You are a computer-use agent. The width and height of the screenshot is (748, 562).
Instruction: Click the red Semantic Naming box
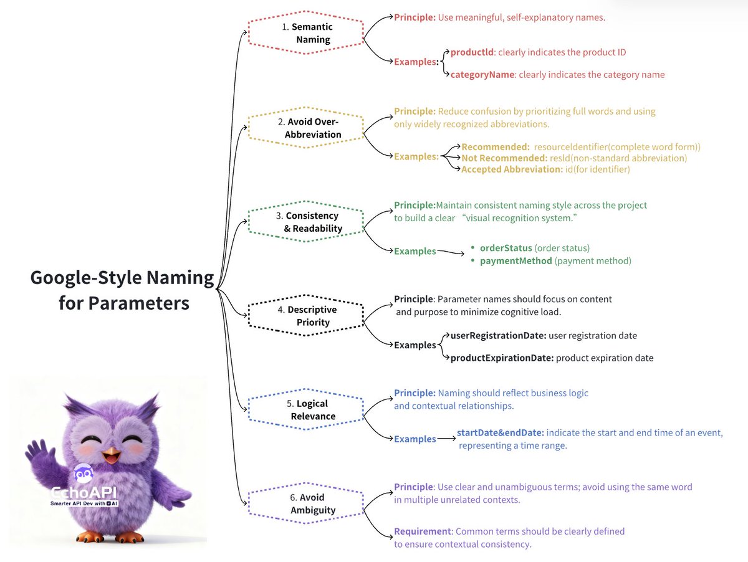(x=305, y=33)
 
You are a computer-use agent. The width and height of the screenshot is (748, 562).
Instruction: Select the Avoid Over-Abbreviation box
(x=305, y=128)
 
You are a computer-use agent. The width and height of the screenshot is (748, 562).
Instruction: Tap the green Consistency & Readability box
(x=305, y=222)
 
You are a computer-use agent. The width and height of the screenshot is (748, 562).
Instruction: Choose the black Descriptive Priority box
(x=305, y=316)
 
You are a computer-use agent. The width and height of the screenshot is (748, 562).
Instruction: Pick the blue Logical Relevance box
(x=305, y=410)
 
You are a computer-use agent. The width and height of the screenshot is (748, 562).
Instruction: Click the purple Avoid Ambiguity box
(x=305, y=504)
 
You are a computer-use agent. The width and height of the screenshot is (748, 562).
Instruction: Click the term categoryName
(x=482, y=75)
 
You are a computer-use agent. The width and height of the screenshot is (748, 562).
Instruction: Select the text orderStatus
(x=506, y=248)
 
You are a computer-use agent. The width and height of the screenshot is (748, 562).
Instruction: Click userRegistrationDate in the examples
(x=498, y=336)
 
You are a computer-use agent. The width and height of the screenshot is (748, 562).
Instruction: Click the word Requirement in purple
(x=422, y=531)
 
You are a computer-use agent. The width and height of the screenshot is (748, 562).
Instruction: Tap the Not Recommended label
(x=504, y=158)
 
